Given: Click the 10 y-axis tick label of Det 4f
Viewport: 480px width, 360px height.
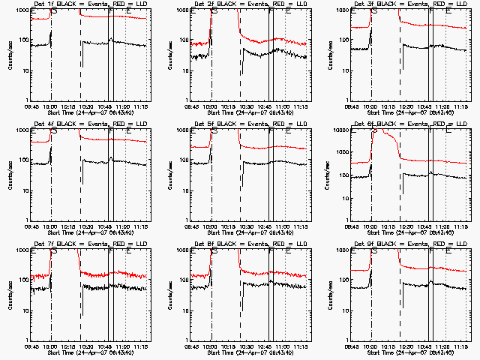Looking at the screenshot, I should tap(25, 190).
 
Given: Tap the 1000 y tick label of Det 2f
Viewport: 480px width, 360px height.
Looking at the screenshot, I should tap(181, 11).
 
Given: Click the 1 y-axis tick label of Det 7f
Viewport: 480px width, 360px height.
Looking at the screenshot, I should tap(27, 340).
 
